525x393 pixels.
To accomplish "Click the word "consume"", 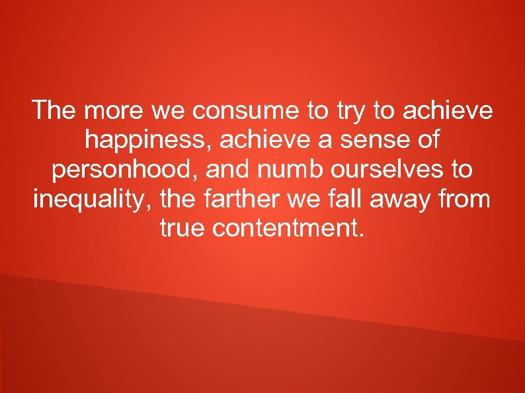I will pyautogui.click(x=246, y=111).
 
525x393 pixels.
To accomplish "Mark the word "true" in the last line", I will pyautogui.click(x=182, y=229).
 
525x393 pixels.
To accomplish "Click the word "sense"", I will pyautogui.click(x=373, y=140).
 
